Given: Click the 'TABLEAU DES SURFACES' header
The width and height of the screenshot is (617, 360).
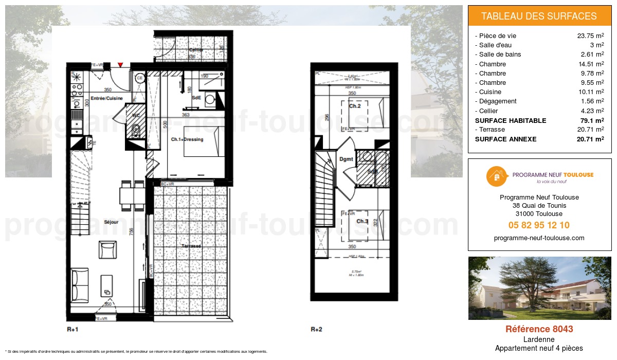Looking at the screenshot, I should click(539, 16).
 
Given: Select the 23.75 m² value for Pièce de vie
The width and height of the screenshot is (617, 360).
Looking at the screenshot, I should click(590, 36).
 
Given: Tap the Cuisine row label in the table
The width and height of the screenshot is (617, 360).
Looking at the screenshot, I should click(489, 92).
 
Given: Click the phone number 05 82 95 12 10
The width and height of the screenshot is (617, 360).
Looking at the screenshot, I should click(539, 225).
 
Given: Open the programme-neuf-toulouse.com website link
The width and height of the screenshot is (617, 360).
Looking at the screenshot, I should click(539, 238).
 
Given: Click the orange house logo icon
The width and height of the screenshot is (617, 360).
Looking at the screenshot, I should click(497, 176).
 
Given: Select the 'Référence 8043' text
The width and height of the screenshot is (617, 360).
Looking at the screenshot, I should click(539, 329).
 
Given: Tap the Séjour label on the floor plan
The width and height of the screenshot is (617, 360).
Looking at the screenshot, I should click(111, 222).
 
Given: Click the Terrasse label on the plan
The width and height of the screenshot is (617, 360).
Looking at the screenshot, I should click(191, 246).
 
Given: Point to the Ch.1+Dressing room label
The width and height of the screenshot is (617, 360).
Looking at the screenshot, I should click(187, 139).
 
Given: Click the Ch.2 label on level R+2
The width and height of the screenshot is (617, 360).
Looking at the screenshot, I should click(354, 106).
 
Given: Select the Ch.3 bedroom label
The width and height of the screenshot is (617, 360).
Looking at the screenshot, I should click(362, 222).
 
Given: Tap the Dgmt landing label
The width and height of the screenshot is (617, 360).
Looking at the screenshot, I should click(346, 159).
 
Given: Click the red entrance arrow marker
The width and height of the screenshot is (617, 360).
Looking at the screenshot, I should click(120, 65).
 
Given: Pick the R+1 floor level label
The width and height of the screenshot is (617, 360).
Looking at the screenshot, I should click(72, 329).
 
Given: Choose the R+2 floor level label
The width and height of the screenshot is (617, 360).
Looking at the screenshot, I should click(316, 329).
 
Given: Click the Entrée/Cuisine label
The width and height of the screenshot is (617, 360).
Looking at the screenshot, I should click(106, 98).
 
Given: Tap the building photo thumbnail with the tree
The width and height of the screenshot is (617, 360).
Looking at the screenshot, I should click(539, 288).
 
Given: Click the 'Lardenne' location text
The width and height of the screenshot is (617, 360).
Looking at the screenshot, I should click(539, 339).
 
